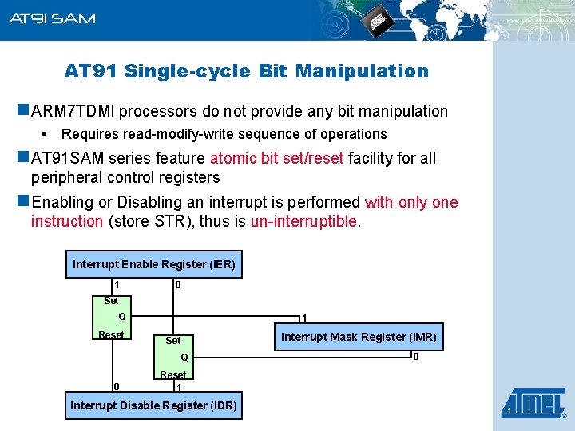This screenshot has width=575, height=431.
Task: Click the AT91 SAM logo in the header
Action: click(x=52, y=18)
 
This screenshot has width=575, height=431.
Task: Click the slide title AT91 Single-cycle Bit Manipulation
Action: click(x=246, y=71)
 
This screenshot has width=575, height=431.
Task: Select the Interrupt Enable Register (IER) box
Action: click(x=154, y=264)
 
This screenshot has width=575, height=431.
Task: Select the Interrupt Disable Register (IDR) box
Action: click(x=153, y=405)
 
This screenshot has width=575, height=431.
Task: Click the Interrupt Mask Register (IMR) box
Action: click(x=359, y=337)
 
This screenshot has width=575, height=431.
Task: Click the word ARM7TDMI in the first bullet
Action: click(x=71, y=112)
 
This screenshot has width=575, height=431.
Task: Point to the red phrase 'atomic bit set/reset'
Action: click(x=277, y=158)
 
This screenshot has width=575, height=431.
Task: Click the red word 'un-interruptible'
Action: click(x=304, y=221)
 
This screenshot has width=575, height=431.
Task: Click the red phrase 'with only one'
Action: click(x=411, y=202)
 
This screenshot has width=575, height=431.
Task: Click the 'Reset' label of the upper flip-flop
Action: click(x=110, y=334)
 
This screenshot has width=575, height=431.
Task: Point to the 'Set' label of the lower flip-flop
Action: click(x=172, y=340)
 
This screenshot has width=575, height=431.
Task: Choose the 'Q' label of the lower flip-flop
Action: click(x=184, y=357)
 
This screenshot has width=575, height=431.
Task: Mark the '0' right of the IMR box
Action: click(x=415, y=356)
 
